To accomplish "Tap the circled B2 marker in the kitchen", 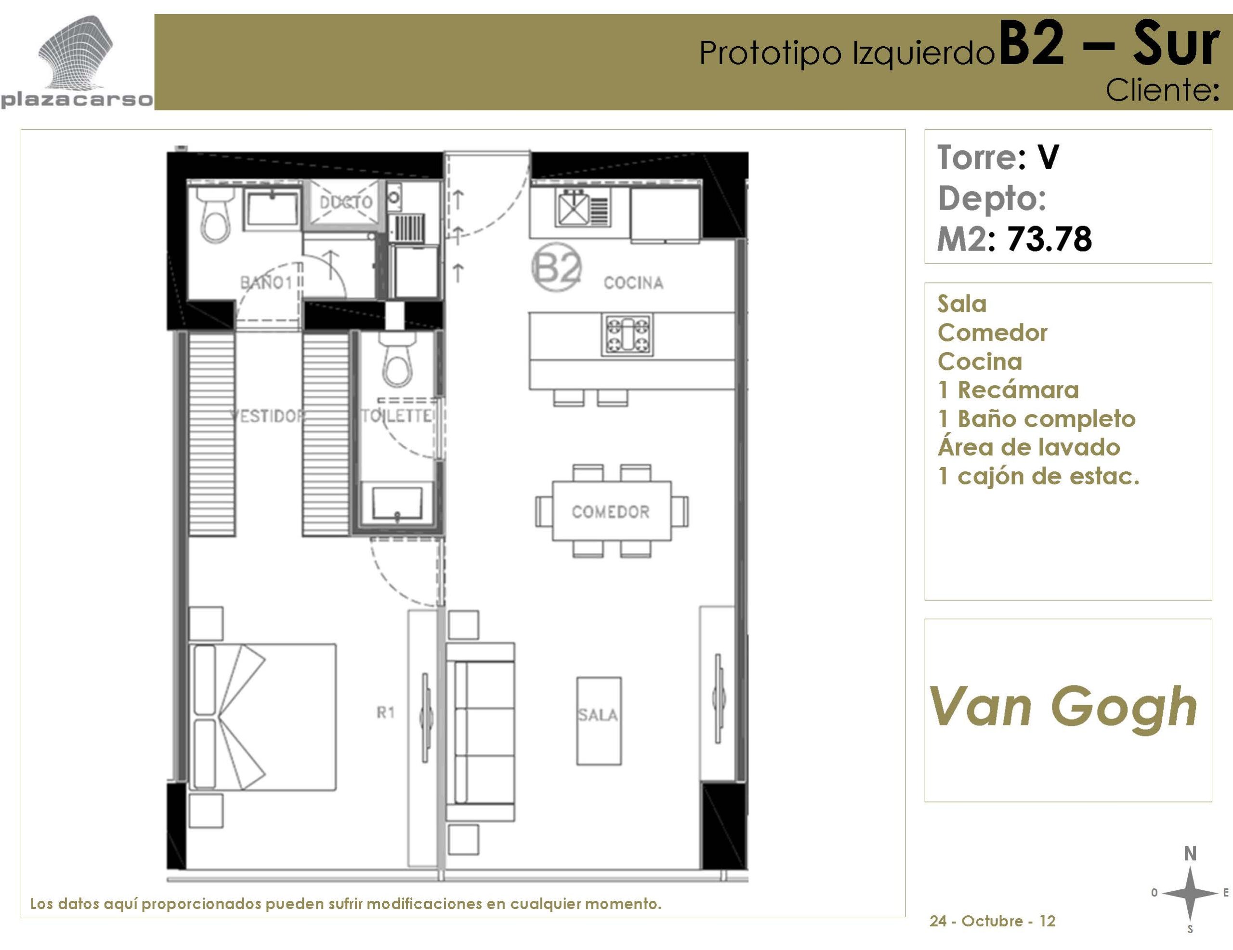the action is click(x=557, y=267).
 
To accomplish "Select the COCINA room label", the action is click(x=633, y=283).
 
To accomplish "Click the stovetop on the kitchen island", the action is click(x=627, y=335).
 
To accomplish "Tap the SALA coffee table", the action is click(x=598, y=721).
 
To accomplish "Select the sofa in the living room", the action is click(x=481, y=732).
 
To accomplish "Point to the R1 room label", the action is click(x=386, y=713).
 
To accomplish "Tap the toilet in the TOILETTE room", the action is click(x=398, y=359).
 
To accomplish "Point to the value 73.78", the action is click(x=1049, y=239).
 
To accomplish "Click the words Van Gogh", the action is click(x=1063, y=707).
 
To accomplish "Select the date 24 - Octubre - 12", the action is click(x=992, y=921).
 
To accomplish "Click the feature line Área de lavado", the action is click(x=1029, y=447).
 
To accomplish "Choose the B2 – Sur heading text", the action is click(x=1109, y=44).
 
